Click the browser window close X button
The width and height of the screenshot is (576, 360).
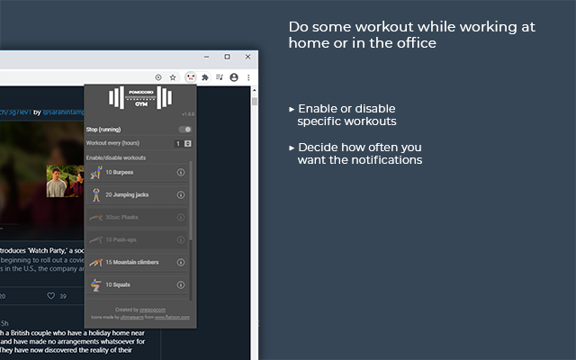[x=247, y=57]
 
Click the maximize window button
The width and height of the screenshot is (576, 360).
[x=227, y=57]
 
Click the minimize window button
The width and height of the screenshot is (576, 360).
[x=206, y=57]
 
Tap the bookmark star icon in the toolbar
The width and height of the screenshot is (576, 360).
[x=173, y=77]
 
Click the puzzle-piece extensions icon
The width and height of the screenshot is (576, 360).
[x=205, y=77]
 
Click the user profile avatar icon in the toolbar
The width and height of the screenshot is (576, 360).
[x=234, y=77]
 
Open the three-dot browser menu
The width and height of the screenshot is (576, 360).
[x=248, y=77]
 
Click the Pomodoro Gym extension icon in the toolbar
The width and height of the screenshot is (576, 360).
[x=189, y=77]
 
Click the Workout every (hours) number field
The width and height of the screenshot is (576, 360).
[x=178, y=143]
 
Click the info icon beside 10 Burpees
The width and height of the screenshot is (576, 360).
[x=181, y=172]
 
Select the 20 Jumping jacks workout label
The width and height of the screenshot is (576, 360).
[x=127, y=194]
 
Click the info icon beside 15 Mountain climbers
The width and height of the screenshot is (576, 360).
[x=181, y=262]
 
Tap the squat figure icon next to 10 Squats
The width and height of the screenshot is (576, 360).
[x=95, y=284]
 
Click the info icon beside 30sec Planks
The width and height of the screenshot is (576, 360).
[x=181, y=217]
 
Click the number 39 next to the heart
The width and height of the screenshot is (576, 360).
[x=62, y=295]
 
